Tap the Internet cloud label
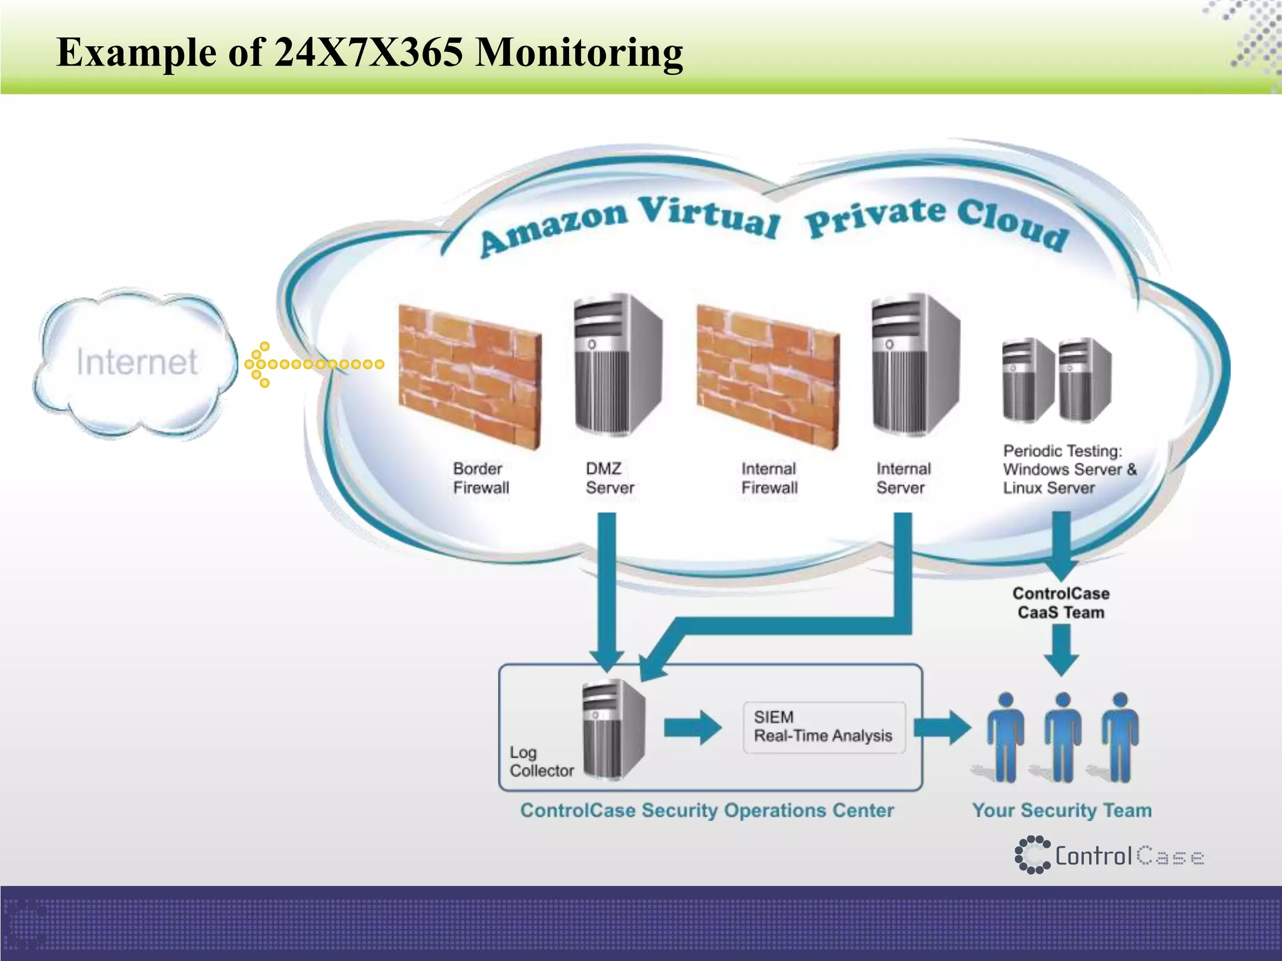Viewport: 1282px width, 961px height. [137, 362]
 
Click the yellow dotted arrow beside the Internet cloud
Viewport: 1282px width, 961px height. [313, 364]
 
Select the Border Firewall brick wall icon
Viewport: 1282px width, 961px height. [469, 375]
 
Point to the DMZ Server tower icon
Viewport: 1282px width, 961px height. [617, 366]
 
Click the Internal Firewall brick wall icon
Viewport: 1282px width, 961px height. [768, 375]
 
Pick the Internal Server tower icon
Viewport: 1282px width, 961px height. [914, 366]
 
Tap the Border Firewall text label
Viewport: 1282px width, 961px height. [481, 478]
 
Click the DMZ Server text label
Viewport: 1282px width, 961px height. [609, 478]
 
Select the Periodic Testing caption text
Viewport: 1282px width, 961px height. [1069, 469]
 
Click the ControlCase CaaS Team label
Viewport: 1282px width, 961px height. [1061, 603]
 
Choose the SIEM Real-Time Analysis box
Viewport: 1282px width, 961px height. [823, 727]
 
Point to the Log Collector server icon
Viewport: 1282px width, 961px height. [612, 729]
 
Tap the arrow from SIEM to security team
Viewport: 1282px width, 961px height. [942, 728]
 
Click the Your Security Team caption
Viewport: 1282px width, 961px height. [1062, 810]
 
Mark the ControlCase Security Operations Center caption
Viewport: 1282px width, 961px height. [707, 810]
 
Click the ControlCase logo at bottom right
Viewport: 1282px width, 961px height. [1108, 855]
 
